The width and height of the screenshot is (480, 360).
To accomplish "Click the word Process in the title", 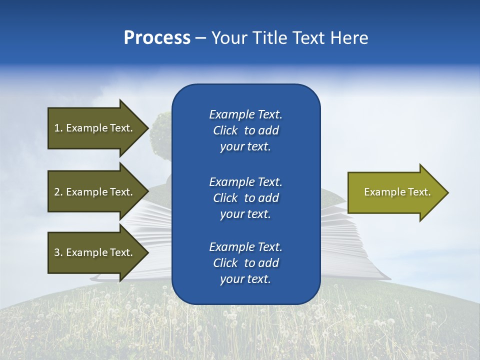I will point(157,38).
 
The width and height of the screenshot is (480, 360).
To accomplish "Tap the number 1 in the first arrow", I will point(57,128).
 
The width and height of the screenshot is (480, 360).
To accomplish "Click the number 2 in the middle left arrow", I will point(57,192).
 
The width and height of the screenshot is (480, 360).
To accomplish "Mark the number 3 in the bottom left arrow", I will point(57,252).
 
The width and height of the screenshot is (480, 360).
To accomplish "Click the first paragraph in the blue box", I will point(245,130).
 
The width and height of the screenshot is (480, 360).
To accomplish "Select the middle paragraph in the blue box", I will point(245,197).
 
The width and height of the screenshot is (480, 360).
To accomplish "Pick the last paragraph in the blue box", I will point(245,263).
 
